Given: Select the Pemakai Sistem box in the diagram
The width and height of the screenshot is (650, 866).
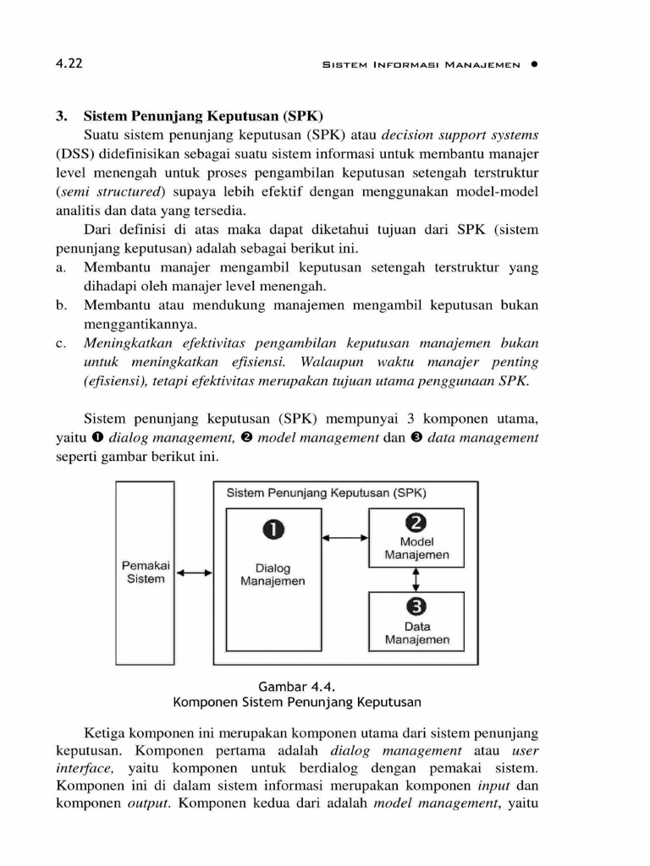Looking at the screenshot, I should [146, 573].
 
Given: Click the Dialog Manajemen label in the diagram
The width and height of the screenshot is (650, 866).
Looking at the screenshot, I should [273, 575].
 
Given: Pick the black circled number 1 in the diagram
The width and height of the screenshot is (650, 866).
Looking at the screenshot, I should [273, 530].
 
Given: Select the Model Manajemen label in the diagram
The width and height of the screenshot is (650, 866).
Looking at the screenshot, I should [416, 549].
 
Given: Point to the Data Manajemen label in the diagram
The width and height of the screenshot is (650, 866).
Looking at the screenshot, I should [416, 633].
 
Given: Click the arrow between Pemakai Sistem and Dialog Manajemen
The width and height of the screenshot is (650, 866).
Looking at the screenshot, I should [195, 573].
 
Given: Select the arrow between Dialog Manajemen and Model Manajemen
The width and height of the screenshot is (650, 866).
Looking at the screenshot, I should [346, 537].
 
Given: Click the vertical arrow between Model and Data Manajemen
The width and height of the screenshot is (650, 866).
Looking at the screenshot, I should [416, 579].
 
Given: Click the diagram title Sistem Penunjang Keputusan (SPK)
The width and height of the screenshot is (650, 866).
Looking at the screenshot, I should [326, 493].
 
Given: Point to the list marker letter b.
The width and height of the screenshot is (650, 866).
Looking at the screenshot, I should [61, 304].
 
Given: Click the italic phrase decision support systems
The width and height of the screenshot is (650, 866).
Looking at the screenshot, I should [460, 134].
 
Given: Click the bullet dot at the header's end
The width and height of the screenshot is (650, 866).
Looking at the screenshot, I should [535, 65].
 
